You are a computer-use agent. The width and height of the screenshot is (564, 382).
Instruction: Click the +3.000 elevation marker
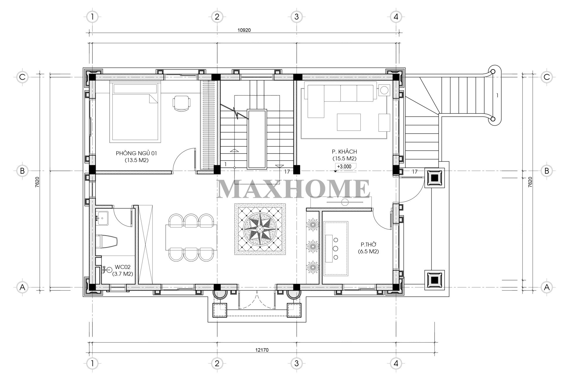pyautogui.click(x=344, y=166)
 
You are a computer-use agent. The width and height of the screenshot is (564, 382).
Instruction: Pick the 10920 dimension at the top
pyautogui.click(x=244, y=30)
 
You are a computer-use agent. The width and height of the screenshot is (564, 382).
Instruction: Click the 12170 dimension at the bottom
pyautogui.click(x=262, y=350)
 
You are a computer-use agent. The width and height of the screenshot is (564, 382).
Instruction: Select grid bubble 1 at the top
pyautogui.click(x=93, y=17)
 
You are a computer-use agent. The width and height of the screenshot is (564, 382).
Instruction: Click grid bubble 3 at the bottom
pyautogui.click(x=296, y=363)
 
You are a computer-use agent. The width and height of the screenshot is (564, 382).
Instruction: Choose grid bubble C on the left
pyautogui.click(x=22, y=77)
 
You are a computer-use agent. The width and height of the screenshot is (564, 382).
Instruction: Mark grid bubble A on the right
pyautogui.click(x=547, y=287)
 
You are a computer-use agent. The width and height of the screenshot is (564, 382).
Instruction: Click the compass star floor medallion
pyautogui.click(x=260, y=229)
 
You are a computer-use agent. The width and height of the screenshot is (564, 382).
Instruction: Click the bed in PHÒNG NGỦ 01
pyautogui.click(x=135, y=112)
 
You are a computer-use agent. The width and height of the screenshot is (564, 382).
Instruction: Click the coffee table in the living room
pyautogui.click(x=349, y=122)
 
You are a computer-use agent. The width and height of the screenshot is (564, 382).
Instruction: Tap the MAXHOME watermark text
pyautogui.click(x=293, y=189)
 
